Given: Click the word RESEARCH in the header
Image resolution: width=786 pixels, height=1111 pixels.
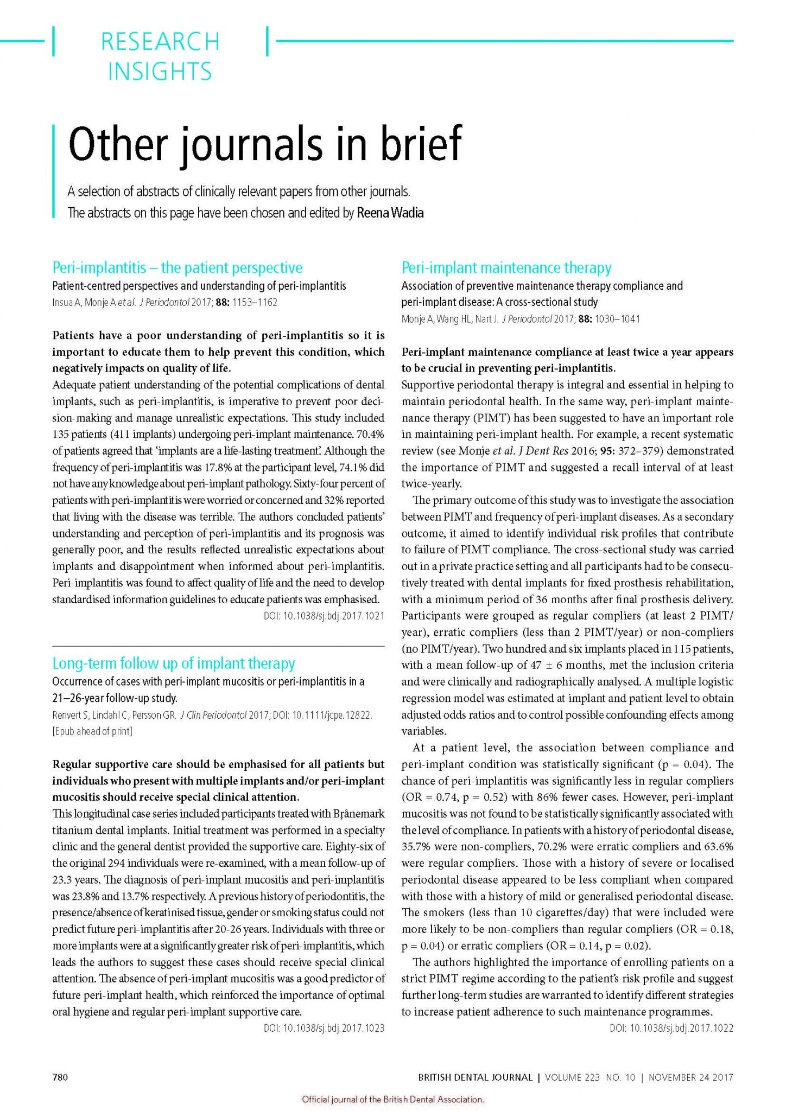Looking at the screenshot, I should [x=160, y=42].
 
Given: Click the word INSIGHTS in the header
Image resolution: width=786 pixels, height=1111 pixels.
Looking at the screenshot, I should [x=160, y=72].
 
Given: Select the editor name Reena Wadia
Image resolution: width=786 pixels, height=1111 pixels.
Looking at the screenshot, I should [x=390, y=213].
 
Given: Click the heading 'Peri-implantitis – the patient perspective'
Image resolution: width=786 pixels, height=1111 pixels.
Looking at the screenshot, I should [x=177, y=267].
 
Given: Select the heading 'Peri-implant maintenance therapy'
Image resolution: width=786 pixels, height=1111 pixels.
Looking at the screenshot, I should [x=506, y=267].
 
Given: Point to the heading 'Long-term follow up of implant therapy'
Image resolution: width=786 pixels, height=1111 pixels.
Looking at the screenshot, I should [x=174, y=663].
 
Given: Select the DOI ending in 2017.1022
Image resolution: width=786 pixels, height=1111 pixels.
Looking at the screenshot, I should [x=671, y=1028].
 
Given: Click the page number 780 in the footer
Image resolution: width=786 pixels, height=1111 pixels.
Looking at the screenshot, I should [x=60, y=1077].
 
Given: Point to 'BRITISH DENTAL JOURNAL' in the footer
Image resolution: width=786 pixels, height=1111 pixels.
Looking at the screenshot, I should [x=475, y=1077].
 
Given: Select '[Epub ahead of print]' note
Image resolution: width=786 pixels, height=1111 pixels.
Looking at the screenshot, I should [x=92, y=731].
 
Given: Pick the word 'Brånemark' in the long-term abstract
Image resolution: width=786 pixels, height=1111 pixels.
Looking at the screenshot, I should [x=357, y=814].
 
